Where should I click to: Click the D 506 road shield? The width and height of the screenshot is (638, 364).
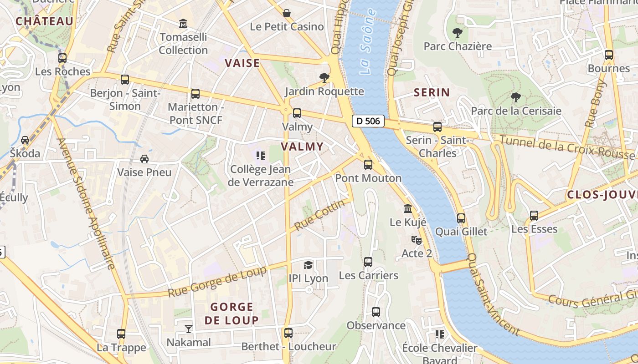368,121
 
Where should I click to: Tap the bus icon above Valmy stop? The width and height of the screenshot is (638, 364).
297,113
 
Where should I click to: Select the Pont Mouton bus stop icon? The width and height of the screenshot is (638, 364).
368,165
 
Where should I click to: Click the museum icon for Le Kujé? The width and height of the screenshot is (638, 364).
408,209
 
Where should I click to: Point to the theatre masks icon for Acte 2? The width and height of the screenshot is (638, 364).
416,240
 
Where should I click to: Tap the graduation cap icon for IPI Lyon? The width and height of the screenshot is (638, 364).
309,265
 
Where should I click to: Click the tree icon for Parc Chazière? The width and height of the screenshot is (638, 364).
458,33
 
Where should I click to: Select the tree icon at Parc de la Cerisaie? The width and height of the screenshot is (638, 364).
515,97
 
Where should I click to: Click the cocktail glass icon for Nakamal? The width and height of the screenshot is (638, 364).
189,329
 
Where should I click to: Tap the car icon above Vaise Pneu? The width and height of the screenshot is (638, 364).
144,159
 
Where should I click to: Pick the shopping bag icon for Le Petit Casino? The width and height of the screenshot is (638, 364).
287,13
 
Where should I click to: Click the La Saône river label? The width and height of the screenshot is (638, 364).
368,41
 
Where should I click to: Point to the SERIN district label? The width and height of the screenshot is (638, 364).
432,93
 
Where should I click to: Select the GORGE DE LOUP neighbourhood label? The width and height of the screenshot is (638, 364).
232,313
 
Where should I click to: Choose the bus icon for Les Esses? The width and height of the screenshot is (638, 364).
534,216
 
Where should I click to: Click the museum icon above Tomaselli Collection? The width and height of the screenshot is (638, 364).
183,23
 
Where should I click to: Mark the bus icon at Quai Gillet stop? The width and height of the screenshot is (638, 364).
461,218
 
